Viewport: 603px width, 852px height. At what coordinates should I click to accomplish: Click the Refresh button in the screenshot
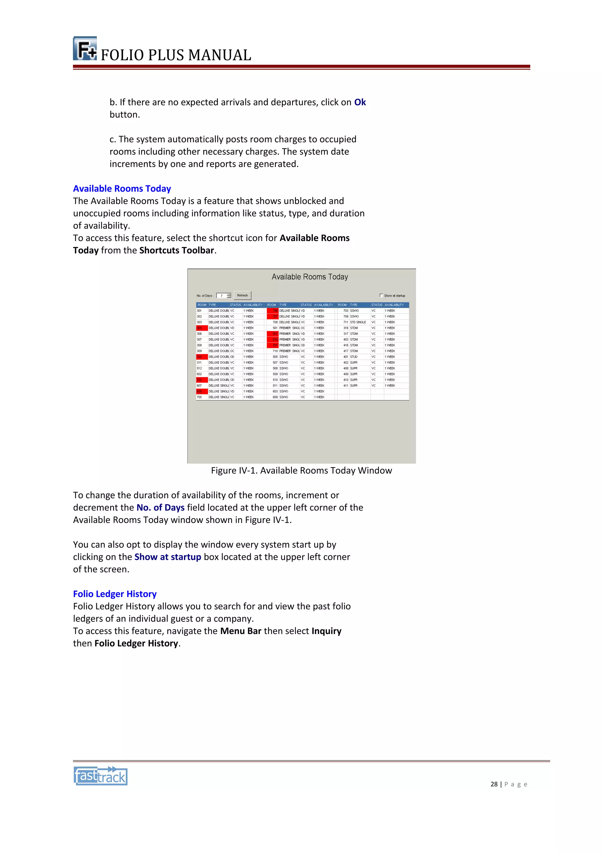pyautogui.click(x=242, y=295)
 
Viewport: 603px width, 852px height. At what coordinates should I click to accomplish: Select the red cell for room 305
pyautogui.click(x=201, y=328)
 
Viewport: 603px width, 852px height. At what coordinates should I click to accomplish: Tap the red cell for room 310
pyautogui.click(x=201, y=357)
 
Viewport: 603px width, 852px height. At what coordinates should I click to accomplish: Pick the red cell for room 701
pyautogui.click(x=273, y=345)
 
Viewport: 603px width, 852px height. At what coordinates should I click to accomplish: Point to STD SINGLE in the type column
pyautogui.click(x=358, y=322)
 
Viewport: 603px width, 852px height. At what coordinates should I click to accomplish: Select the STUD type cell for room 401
pyautogui.click(x=354, y=357)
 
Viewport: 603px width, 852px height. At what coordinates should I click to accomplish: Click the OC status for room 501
pyautogui.click(x=303, y=328)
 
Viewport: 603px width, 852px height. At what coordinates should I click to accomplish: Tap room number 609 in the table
pyautogui.click(x=275, y=397)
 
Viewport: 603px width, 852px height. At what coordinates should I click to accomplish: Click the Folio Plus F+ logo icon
pyautogui.click(x=85, y=49)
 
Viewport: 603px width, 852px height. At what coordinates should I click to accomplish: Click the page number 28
pyautogui.click(x=494, y=784)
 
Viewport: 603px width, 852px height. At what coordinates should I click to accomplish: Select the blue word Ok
pyautogui.click(x=360, y=102)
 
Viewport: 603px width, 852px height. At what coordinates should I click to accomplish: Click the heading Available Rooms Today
pyautogui.click(x=122, y=188)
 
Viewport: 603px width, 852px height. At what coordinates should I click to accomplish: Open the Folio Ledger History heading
pyautogui.click(x=115, y=594)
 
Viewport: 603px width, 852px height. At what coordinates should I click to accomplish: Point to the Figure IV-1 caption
pyautogui.click(x=301, y=470)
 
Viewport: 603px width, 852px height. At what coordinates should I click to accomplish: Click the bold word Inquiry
pyautogui.click(x=326, y=631)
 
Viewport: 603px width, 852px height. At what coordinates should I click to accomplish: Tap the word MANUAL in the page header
pyautogui.click(x=220, y=55)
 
